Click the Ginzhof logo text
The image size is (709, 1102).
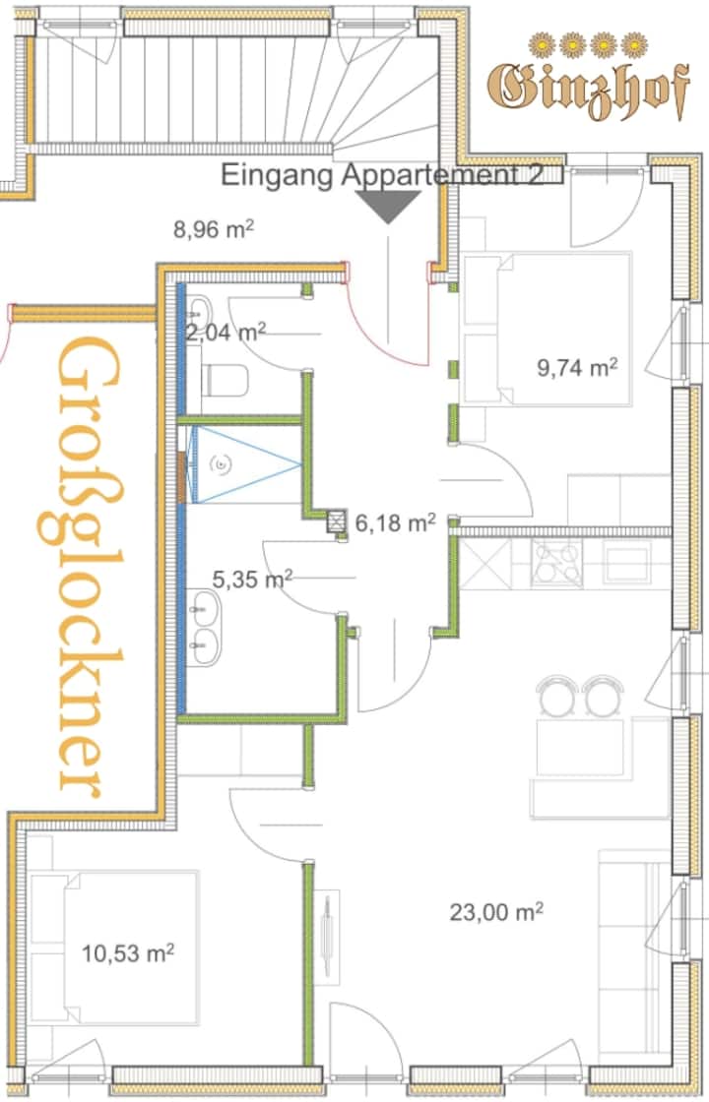pyautogui.click(x=588, y=90)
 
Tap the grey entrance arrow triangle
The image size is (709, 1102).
pyautogui.click(x=388, y=207)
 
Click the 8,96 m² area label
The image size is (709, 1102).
pyautogui.click(x=213, y=229)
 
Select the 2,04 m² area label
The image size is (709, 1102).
pyautogui.click(x=226, y=332)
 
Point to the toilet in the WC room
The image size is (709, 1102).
pyautogui.click(x=225, y=381)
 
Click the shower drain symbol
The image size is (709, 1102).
pyautogui.click(x=223, y=463)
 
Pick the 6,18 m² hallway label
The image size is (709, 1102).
pyautogui.click(x=395, y=522)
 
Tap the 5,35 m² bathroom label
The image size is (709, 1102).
pyautogui.click(x=252, y=580)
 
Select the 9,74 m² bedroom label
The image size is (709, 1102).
pyautogui.click(x=577, y=367)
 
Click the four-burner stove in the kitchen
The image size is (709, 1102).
pyautogui.click(x=556, y=562)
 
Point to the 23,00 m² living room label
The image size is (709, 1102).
pyautogui.click(x=496, y=912)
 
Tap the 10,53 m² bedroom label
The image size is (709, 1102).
pyautogui.click(x=128, y=953)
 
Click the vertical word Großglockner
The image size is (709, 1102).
pyautogui.click(x=88, y=566)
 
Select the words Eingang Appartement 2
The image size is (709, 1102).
pyautogui.click(x=382, y=174)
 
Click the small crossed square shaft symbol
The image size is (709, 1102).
pyautogui.click(x=338, y=521)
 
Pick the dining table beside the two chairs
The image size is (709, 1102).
pyautogui.click(x=581, y=747)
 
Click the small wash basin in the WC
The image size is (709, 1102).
pyautogui.click(x=198, y=309)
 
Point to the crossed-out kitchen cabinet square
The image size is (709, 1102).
pyautogui.click(x=485, y=562)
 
